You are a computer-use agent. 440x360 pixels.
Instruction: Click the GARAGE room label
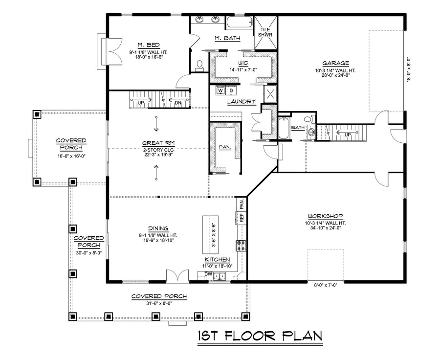click(335, 63)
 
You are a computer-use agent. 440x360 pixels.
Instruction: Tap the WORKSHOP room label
click(326, 216)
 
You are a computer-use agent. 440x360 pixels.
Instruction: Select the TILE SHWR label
click(265, 32)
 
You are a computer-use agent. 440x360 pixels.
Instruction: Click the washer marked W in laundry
click(220, 90)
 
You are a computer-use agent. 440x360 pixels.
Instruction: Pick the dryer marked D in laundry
click(232, 90)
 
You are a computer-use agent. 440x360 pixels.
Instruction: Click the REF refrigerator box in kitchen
click(242, 217)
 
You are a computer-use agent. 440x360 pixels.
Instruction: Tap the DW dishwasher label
click(208, 274)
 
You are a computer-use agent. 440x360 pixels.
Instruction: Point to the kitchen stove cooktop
click(241, 245)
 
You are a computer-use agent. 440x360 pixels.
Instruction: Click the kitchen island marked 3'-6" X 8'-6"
click(210, 234)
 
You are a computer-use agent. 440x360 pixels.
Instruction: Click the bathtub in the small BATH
click(284, 128)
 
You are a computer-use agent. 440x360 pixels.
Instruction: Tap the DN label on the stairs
click(178, 103)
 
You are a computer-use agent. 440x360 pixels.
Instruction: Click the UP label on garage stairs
click(348, 135)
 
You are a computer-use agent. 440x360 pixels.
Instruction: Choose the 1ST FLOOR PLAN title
click(260, 336)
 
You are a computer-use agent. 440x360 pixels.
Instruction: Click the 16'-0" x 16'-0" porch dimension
click(71, 156)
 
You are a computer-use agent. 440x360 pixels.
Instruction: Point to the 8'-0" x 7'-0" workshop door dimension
click(326, 285)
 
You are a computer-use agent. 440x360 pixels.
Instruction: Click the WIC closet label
click(242, 63)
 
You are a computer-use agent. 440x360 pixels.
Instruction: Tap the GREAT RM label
click(158, 143)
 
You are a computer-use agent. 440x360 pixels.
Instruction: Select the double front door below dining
click(177, 275)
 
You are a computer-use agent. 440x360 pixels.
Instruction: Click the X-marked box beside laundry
click(270, 94)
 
